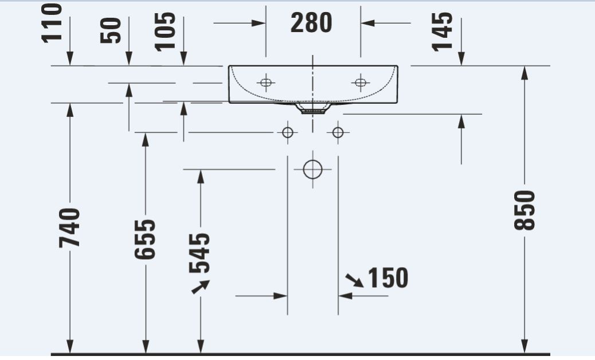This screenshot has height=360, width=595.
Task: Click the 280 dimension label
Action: (x=311, y=23)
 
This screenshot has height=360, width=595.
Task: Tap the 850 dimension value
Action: (x=524, y=210)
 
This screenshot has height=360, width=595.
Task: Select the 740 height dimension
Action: (x=69, y=228)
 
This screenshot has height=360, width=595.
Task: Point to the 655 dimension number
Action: (x=145, y=240)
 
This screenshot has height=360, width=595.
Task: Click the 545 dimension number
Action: (x=199, y=253)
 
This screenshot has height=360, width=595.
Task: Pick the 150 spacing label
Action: (x=388, y=277)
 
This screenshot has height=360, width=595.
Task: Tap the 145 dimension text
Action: (x=443, y=32)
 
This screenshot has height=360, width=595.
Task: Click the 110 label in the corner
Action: (x=52, y=23)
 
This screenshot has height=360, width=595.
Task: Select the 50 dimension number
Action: (x=111, y=30)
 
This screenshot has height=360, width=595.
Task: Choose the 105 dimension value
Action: (x=166, y=32)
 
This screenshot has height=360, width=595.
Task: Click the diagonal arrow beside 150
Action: (x=354, y=280)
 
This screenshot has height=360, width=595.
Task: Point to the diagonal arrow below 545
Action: (x=201, y=287)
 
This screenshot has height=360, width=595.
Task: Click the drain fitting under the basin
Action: (x=313, y=108)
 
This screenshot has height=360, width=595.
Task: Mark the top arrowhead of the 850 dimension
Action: (x=524, y=73)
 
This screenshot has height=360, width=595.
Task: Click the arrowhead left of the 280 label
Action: (x=259, y=23)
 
